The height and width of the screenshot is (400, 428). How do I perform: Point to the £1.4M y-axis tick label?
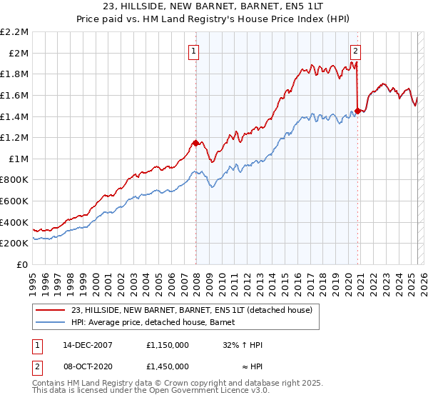point(16,116)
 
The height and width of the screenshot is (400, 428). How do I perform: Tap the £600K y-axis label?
point(16,201)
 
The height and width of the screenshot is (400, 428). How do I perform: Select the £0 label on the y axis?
point(22,265)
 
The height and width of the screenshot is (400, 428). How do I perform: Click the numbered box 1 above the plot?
point(195,50)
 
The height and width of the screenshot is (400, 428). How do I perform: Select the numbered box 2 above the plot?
point(356,50)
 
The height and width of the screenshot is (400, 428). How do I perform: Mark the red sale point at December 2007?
point(195,143)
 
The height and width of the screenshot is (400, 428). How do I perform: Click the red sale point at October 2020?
point(357,111)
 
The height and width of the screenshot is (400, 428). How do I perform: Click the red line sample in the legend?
point(51,310)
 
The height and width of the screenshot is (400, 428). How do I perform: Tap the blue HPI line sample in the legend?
point(51,322)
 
